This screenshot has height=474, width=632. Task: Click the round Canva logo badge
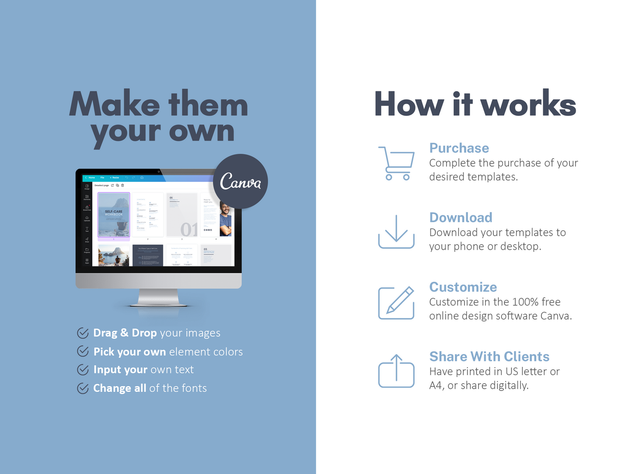240,181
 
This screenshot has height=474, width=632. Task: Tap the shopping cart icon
396,163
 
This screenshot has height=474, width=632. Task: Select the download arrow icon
396,232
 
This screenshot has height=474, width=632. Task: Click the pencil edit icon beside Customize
396,303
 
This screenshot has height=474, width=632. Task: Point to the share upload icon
396,371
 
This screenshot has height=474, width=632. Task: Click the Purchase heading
459,148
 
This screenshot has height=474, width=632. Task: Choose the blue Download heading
461,217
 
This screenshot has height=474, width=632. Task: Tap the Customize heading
463,287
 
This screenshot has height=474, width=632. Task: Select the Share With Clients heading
489,356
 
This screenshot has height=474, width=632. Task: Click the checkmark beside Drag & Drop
83,333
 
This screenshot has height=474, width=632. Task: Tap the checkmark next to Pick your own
83,351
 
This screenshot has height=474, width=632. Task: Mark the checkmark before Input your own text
83,369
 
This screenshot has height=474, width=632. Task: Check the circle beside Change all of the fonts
83,388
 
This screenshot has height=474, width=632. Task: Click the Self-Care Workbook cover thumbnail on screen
114,215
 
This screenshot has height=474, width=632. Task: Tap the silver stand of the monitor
158,297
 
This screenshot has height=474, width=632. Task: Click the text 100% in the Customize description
525,302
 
